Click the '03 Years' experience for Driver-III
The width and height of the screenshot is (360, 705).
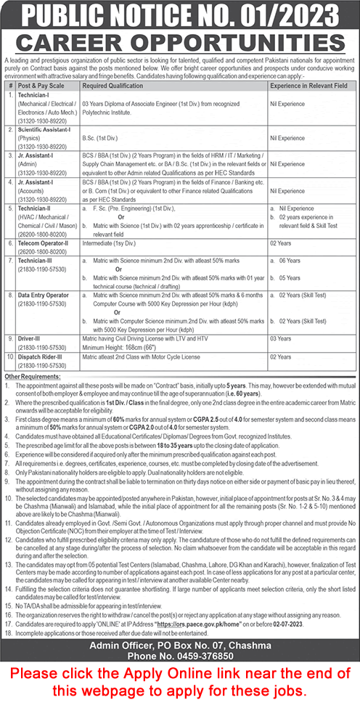[x=281, y=338]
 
